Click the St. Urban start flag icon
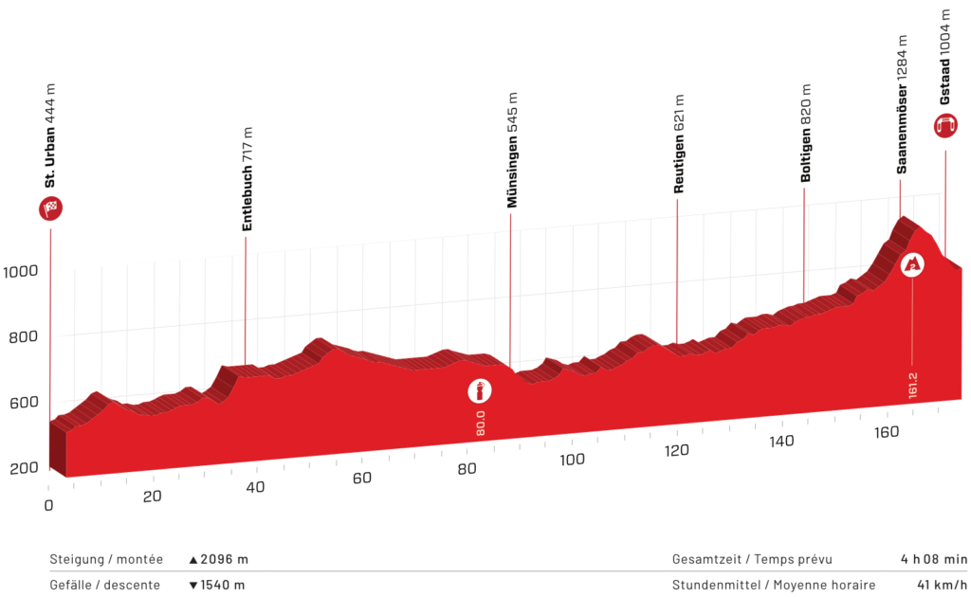(x=50, y=208)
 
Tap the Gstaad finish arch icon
(x=945, y=126)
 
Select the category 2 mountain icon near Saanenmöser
(x=912, y=264)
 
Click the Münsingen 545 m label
(x=512, y=150)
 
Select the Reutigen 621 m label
(x=679, y=144)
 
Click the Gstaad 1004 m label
(x=945, y=57)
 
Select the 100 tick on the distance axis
(x=571, y=461)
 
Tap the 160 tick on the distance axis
(x=888, y=432)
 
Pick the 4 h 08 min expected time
(x=933, y=560)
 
